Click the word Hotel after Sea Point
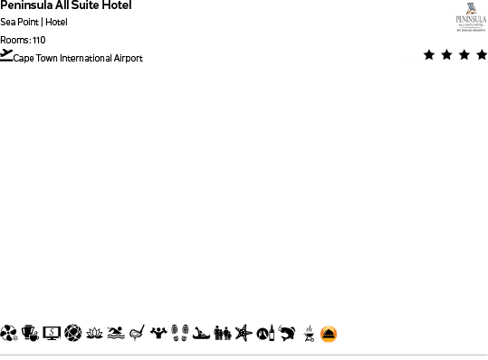click(56, 23)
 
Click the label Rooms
click(14, 41)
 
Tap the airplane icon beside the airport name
click(6, 55)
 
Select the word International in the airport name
click(88, 59)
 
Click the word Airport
click(129, 59)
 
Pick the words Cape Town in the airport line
click(35, 59)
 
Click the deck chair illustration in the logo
click(471, 8)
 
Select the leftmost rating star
click(429, 55)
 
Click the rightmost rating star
click(481, 55)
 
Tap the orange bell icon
click(328, 335)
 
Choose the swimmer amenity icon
click(115, 334)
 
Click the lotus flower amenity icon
click(94, 334)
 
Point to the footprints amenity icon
click(179, 334)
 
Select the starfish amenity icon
click(242, 334)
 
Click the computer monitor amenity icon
click(52, 334)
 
